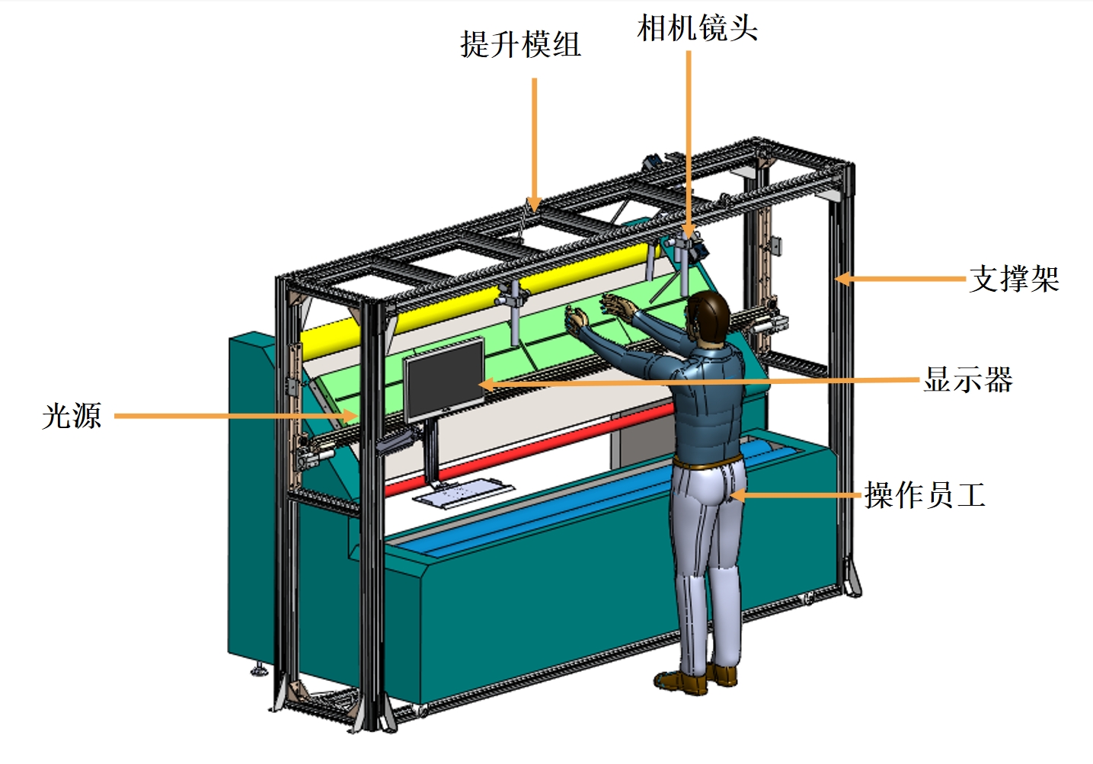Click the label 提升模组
(x=520, y=44)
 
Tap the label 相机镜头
(x=697, y=28)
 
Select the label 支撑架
(x=1014, y=279)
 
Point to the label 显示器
(x=967, y=379)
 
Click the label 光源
(x=72, y=416)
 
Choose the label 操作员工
(x=925, y=495)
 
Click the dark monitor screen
(x=444, y=379)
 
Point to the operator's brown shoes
(x=697, y=679)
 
